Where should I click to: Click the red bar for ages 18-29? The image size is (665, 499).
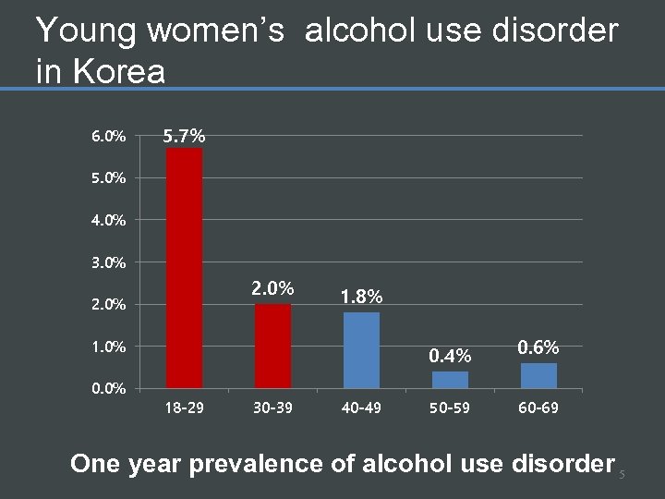pyautogui.click(x=184, y=267)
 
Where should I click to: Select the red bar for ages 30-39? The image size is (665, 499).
pyautogui.click(x=272, y=346)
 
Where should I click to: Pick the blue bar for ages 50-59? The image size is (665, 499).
pyautogui.click(x=450, y=379)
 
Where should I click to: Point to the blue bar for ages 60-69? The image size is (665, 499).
pyautogui.click(x=538, y=375)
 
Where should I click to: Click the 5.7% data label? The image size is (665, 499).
pyautogui.click(x=184, y=137)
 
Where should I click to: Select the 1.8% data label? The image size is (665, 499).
pyautogui.click(x=361, y=297)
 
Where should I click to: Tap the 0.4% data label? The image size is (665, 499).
pyautogui.click(x=450, y=356)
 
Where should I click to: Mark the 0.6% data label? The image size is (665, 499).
pyautogui.click(x=538, y=347)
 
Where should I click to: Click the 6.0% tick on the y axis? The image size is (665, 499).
pyautogui.click(x=109, y=137)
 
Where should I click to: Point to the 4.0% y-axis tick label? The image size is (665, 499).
pyautogui.click(x=109, y=220)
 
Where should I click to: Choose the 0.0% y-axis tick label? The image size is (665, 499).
pyautogui.click(x=109, y=388)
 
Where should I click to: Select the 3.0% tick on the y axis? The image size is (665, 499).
pyautogui.click(x=109, y=262)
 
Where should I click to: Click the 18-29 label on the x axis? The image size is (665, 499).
pyautogui.click(x=184, y=408)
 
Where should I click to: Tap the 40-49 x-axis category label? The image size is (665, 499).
pyautogui.click(x=361, y=408)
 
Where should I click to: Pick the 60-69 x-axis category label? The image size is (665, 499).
pyautogui.click(x=538, y=408)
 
